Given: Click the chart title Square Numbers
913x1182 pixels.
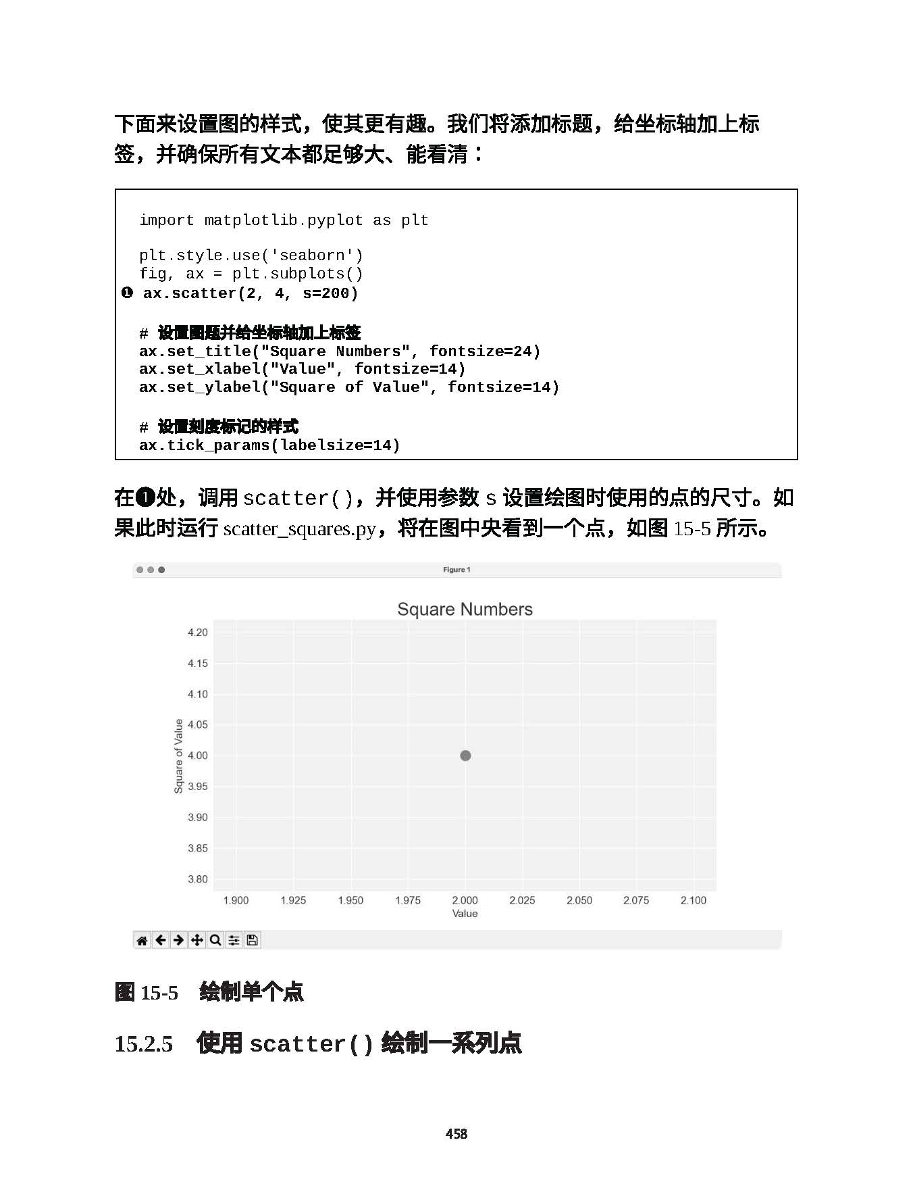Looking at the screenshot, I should pos(465,609).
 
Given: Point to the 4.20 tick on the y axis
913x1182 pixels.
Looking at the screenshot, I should pos(198,633).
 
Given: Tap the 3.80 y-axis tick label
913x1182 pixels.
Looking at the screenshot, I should pos(198,879).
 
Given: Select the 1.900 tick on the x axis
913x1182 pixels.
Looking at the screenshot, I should pos(236,900).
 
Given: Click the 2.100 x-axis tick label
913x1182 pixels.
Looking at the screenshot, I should pos(693,900).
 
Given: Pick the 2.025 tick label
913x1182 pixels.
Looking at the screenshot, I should pos(522,900).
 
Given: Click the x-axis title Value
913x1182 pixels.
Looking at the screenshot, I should pos(465,914).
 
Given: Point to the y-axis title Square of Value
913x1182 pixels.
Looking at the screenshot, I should pos(178,756).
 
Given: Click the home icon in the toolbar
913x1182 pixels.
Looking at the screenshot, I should pos(142,940).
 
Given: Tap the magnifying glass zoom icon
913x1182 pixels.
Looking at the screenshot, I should pos(215,940).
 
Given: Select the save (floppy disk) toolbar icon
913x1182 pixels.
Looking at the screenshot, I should pos(252,940).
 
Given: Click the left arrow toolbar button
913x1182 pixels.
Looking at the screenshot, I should pos(160,940).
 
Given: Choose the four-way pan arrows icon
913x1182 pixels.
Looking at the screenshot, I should pos(197,940).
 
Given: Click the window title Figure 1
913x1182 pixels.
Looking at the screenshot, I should pos(456,570).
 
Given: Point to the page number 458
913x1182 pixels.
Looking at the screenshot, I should pos(456,1133).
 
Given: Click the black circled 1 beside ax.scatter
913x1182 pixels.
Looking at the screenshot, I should pos(127,293).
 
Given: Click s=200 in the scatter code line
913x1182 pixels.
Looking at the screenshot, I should pos(330,293).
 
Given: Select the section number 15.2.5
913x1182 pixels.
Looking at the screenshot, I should pos(144,1043).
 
